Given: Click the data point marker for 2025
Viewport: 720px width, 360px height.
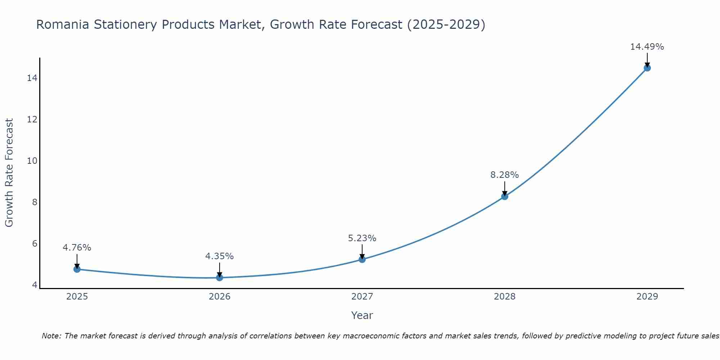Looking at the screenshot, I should coord(77,269).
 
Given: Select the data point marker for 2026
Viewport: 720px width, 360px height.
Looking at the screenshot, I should coord(220,278).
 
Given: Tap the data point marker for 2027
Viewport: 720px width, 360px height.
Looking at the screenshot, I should coord(362,259).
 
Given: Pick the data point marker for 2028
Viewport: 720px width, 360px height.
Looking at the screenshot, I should coord(505,196).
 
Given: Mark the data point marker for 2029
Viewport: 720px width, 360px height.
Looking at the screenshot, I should coord(647,68).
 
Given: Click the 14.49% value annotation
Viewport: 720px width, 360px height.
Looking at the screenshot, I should coord(647,47).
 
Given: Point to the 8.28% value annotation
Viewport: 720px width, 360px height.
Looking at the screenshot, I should coord(504,175).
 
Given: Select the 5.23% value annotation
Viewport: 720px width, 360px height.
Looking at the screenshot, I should coord(362,238).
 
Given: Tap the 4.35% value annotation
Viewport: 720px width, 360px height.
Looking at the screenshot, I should coord(219,256).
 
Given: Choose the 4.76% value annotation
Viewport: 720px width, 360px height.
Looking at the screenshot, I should coord(77,248).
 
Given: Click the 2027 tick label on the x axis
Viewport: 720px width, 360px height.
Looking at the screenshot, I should coord(362,297).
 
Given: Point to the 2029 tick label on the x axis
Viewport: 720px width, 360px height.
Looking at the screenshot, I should coord(647,297).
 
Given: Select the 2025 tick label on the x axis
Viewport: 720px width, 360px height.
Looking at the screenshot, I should coord(77,297).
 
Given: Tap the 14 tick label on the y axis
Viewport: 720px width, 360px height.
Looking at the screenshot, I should coord(32,78).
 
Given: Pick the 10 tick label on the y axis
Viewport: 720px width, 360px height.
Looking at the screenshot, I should coord(32,161).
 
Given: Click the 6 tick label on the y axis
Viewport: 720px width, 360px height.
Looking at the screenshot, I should coord(35,244).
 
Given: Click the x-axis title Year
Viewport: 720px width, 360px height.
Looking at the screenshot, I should coord(362,315).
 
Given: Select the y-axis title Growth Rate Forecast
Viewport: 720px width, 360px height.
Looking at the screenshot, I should coord(9,173).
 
